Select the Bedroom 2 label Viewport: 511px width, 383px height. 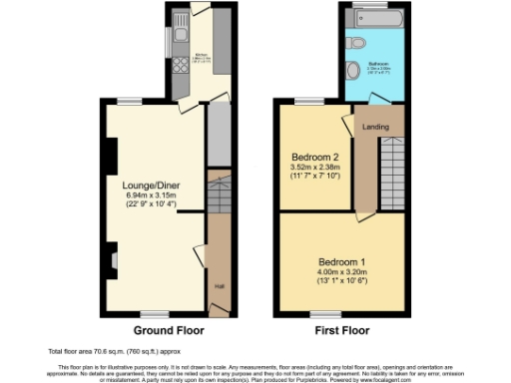click(x=315, y=157)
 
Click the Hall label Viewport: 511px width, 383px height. click(x=218, y=287)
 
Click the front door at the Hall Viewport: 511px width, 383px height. click(x=218, y=313)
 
